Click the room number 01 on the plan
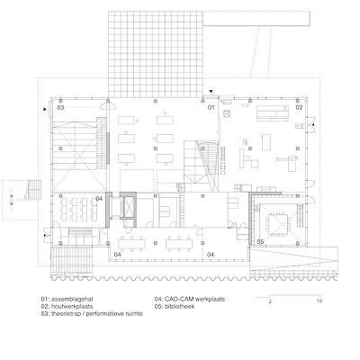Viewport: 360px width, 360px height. tap(211, 107)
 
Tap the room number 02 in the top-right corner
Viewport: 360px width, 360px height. tap(299, 107)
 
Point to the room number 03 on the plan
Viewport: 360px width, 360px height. tap(60, 107)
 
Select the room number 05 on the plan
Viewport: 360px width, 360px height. tap(260, 242)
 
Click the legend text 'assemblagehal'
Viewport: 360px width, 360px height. tap(72, 299)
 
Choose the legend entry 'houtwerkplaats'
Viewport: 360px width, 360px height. tap(72, 306)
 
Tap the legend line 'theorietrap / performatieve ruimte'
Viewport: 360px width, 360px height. tap(97, 314)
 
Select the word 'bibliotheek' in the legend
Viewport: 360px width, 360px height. tap(179, 306)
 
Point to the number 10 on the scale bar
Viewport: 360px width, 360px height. tap(319, 301)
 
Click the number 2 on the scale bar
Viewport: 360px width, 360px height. tap(270, 301)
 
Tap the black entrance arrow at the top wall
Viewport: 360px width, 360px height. tap(211, 91)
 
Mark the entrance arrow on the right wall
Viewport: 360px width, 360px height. tap(312, 124)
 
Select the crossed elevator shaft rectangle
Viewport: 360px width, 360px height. tap(128, 207)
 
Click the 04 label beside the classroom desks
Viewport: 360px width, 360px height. tap(99, 199)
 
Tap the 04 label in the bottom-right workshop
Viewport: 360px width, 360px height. tap(211, 255)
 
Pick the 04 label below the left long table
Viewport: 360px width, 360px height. tap(118, 255)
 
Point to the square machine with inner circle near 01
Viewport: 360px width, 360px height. tap(227, 113)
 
